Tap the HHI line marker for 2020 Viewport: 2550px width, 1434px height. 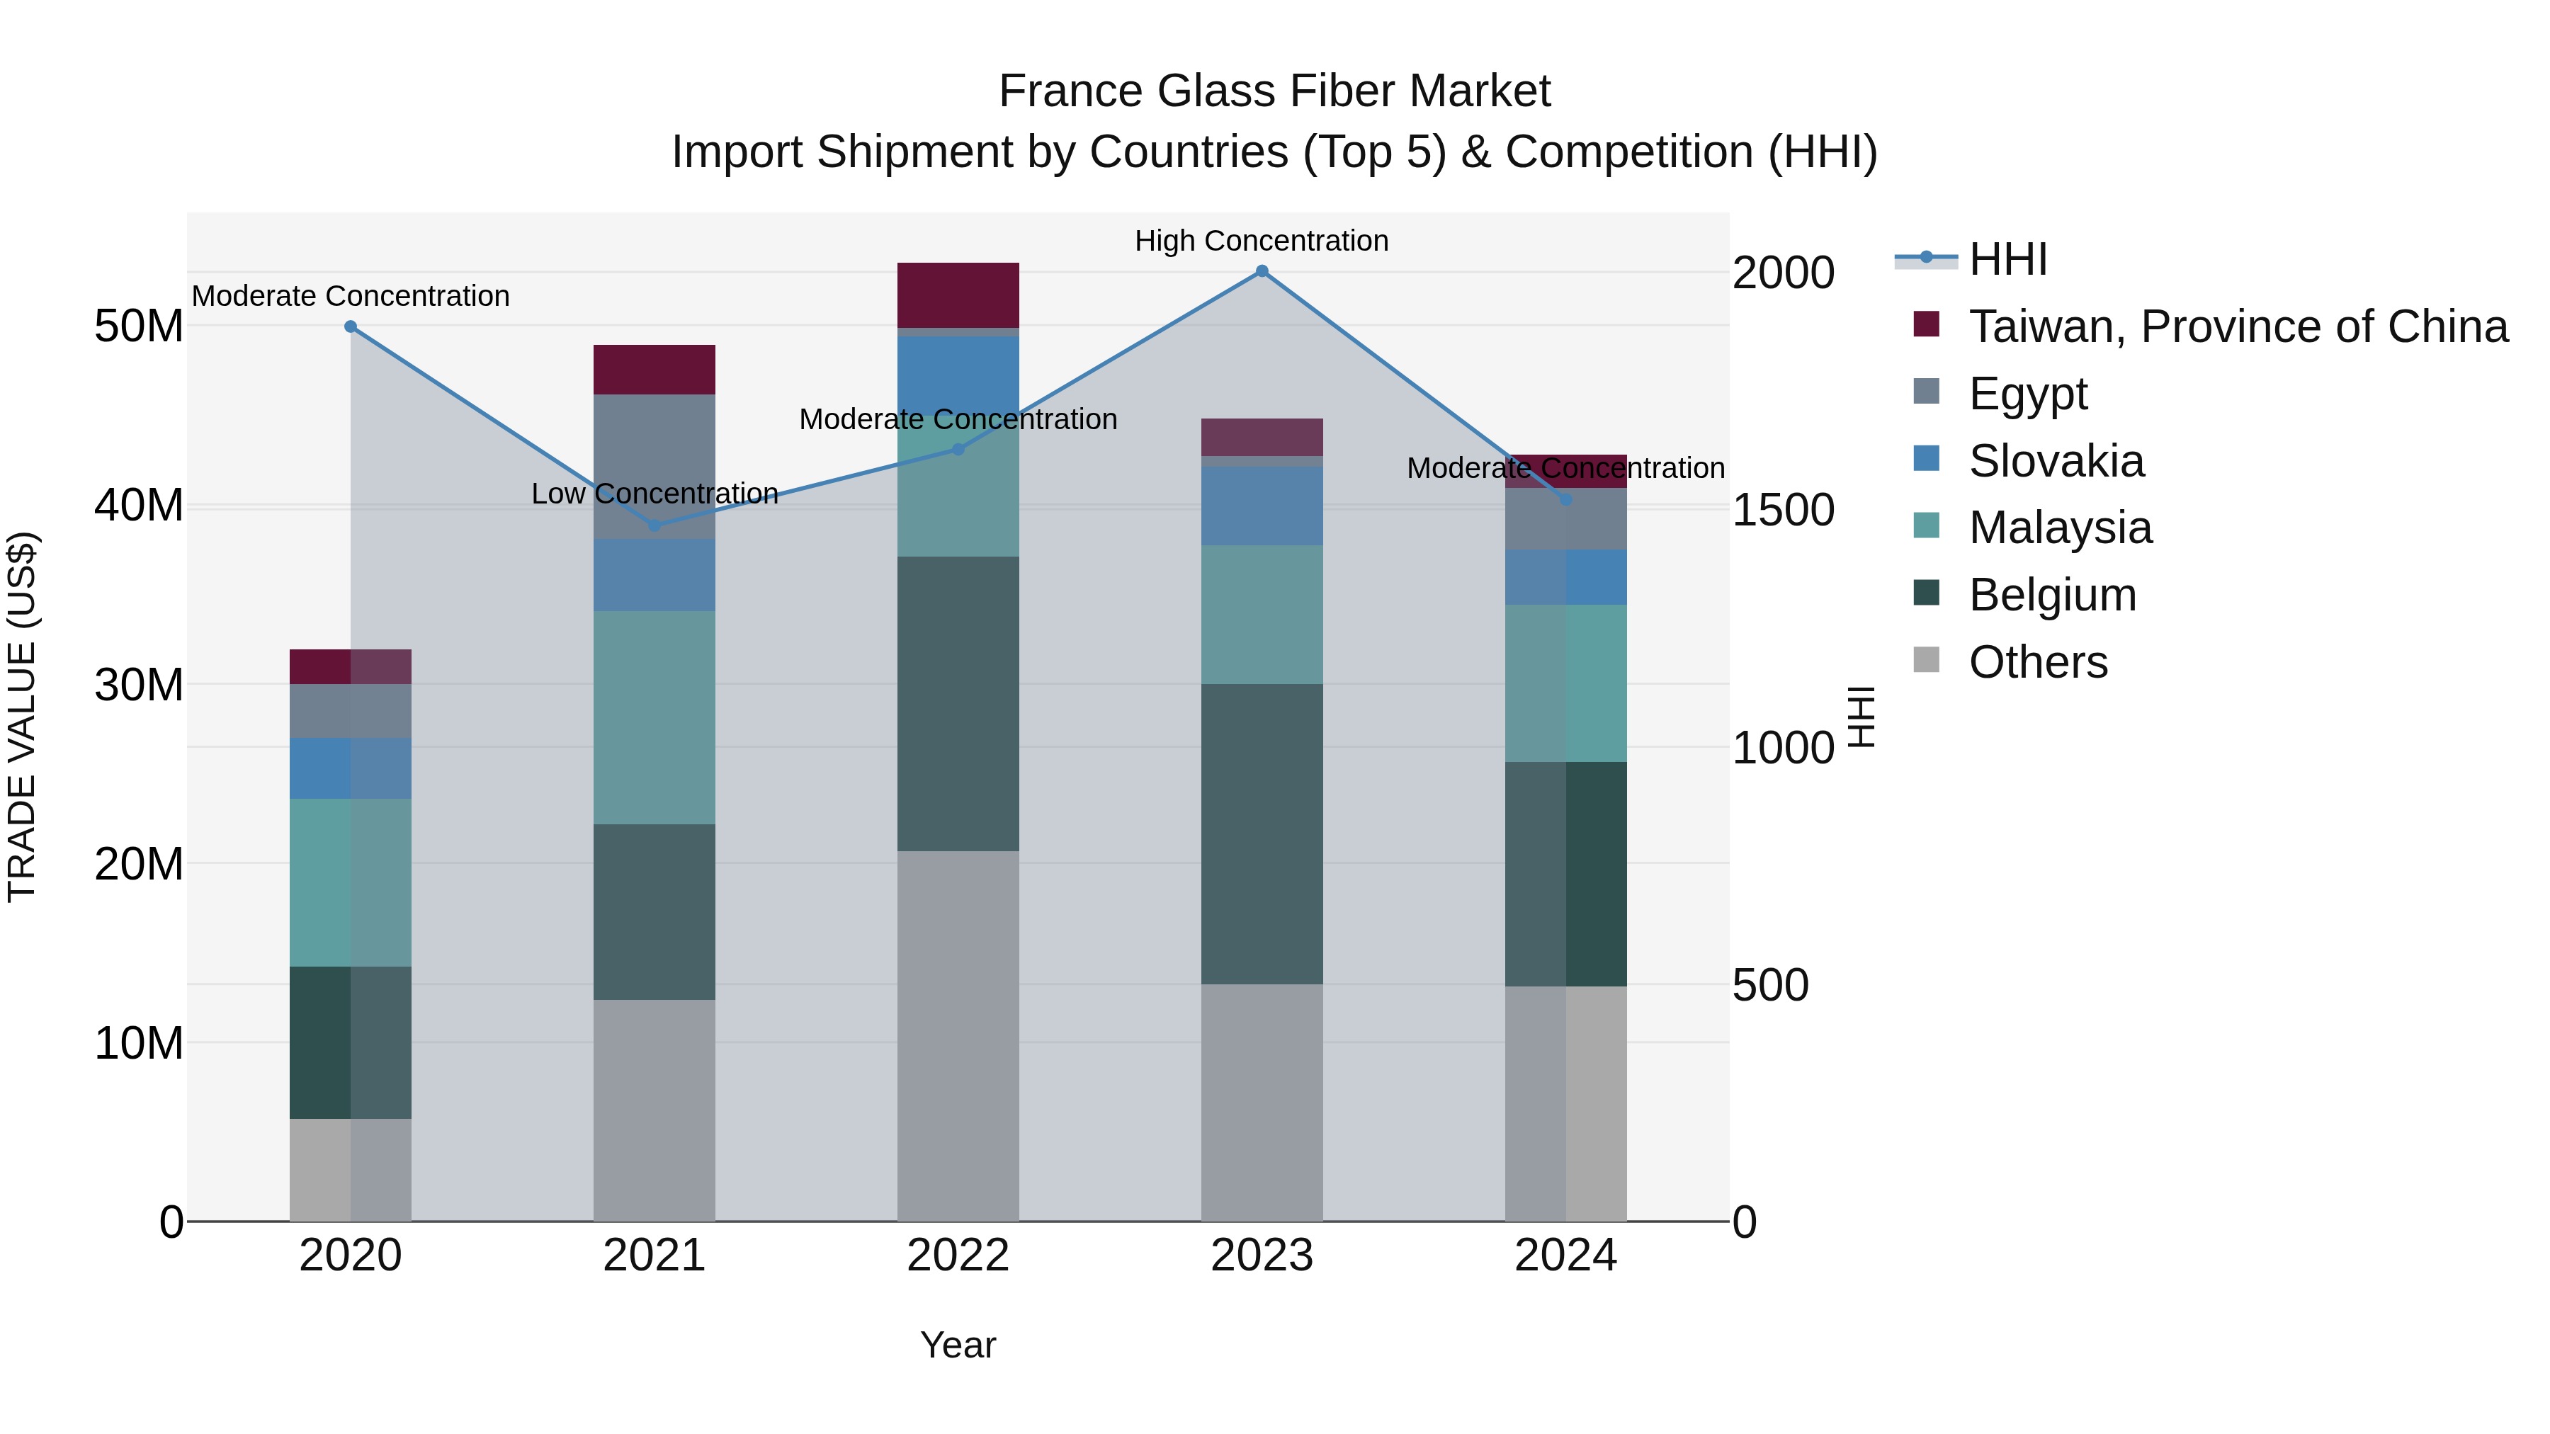click(x=351, y=326)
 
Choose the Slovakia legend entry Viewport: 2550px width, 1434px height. click(x=2056, y=461)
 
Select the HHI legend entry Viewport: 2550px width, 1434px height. click(x=2007, y=259)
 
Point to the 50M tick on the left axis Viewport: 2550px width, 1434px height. click(x=139, y=326)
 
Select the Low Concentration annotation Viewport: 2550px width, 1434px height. click(x=654, y=493)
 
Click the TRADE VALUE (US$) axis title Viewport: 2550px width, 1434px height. click(x=22, y=717)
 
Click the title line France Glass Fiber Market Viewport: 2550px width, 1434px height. click(x=1274, y=91)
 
